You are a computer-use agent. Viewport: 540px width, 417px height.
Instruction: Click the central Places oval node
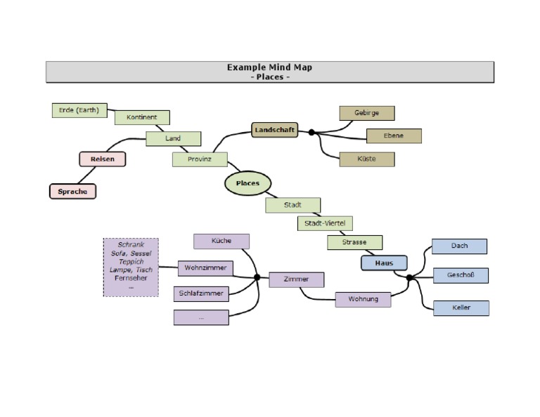[x=247, y=183]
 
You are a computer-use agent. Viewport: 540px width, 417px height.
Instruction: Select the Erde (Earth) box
[x=79, y=110]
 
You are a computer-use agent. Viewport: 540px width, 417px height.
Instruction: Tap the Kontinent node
[x=141, y=117]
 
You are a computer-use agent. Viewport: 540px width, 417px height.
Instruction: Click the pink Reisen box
[x=103, y=159]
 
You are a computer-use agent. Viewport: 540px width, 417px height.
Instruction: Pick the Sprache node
[x=72, y=191]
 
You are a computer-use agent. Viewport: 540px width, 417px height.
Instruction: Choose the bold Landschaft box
[x=274, y=131]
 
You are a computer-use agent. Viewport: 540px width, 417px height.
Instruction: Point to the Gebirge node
[x=366, y=113]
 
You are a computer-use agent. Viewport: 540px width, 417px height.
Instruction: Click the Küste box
[x=366, y=159]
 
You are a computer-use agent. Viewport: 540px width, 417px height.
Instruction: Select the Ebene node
[x=394, y=136]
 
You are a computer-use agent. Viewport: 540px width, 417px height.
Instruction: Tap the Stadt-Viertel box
[x=324, y=223]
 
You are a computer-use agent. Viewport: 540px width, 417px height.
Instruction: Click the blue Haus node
[x=384, y=263]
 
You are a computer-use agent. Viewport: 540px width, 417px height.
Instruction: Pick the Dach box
[x=459, y=246]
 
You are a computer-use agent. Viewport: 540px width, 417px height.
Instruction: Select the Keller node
[x=461, y=308]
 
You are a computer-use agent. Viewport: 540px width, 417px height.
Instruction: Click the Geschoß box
[x=461, y=276]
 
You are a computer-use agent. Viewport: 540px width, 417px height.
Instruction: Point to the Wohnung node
[x=362, y=299]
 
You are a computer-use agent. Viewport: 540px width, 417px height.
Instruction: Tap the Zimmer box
[x=296, y=279]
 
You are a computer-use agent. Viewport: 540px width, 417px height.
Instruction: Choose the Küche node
[x=221, y=241]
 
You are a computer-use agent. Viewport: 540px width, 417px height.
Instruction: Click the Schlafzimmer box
[x=201, y=293]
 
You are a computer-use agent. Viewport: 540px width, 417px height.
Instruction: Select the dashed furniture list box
[x=131, y=267]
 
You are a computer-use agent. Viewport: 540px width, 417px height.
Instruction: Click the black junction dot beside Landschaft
[x=311, y=132]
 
